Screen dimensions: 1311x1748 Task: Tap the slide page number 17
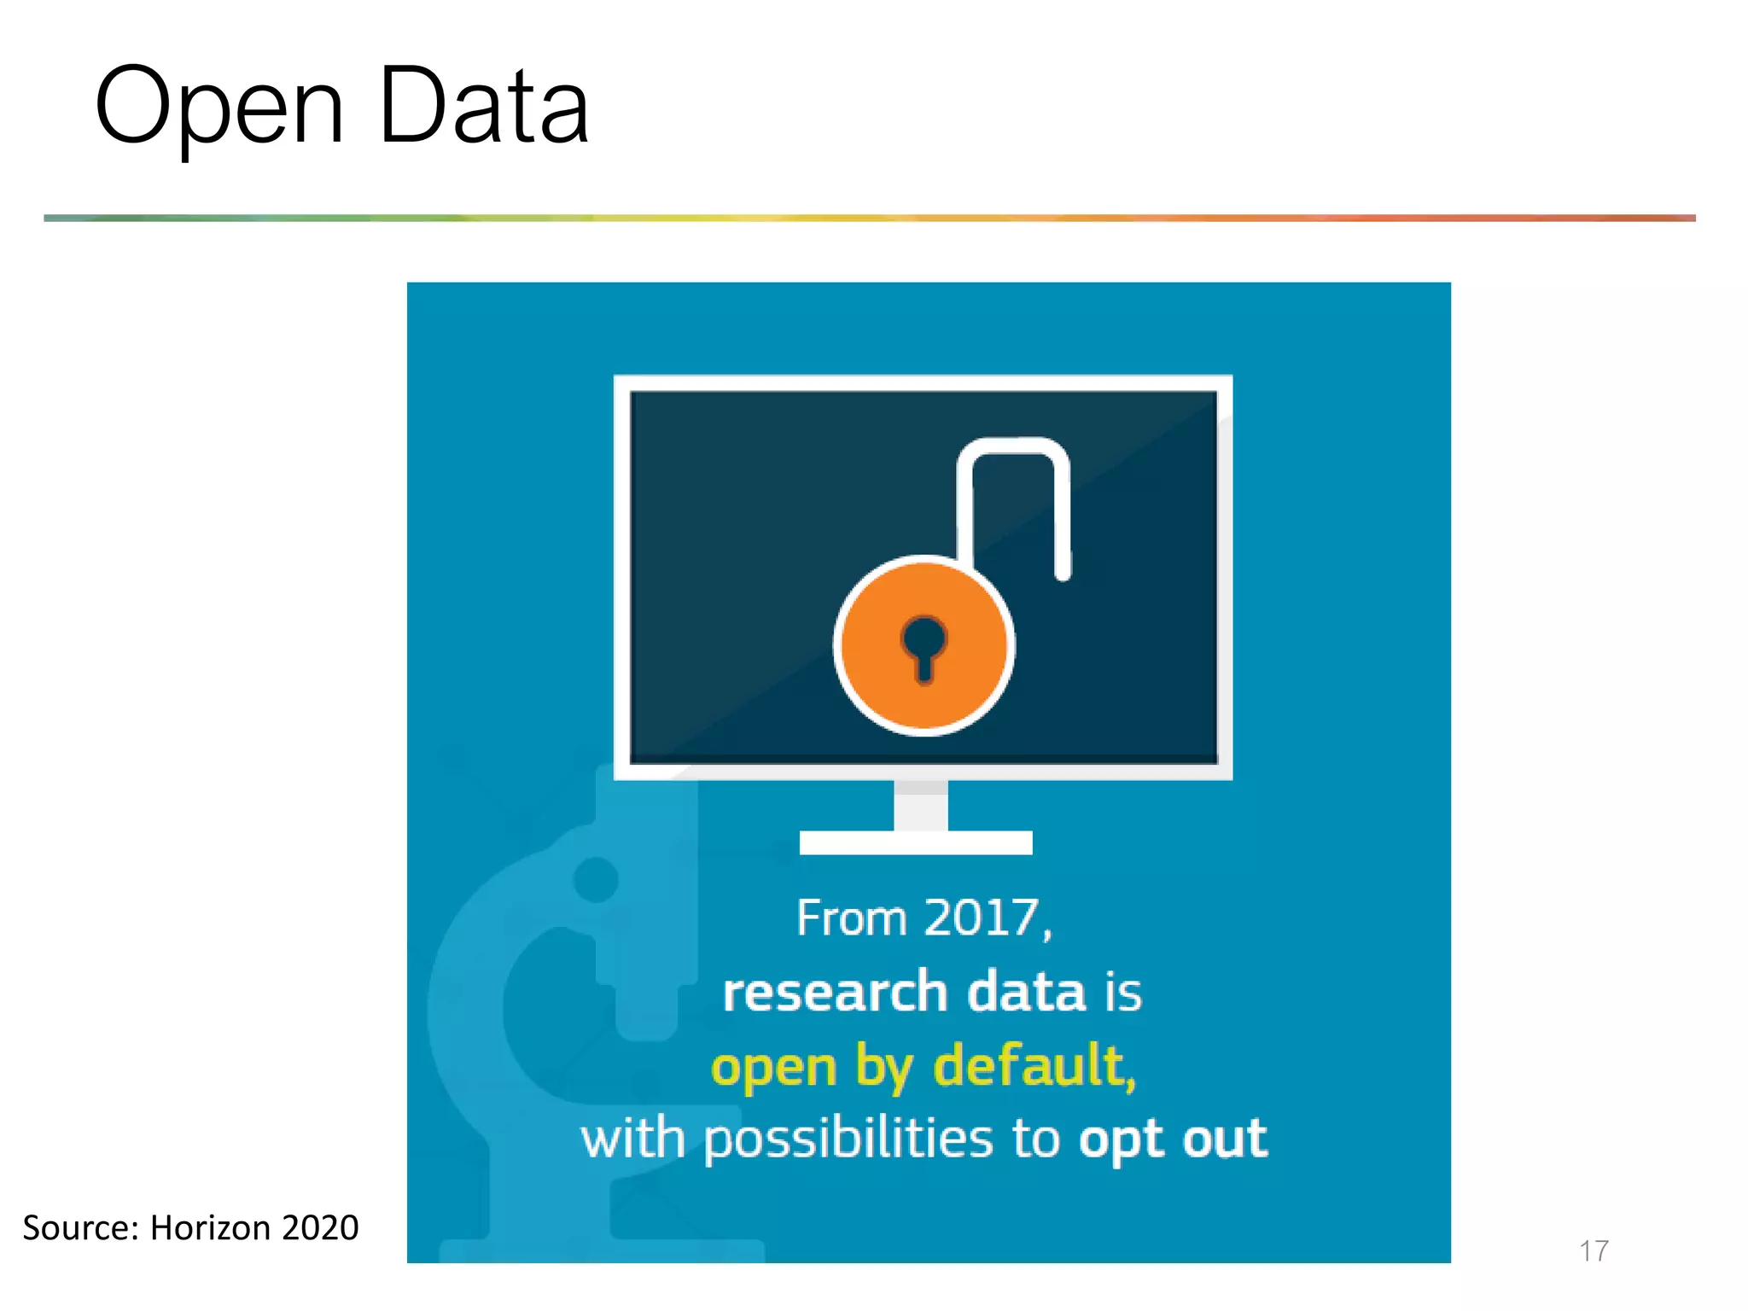tap(1594, 1251)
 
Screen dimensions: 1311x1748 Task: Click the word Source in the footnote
tap(77, 1228)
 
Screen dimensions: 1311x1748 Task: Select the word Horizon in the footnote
tap(210, 1228)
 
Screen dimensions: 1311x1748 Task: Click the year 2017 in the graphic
tap(982, 918)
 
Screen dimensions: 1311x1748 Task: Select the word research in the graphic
tap(835, 993)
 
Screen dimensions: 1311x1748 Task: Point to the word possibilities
tap(848, 1140)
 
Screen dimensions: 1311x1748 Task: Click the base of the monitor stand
tap(916, 842)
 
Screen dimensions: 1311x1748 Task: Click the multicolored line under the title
tap(869, 218)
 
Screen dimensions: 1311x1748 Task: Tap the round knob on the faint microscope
tap(596, 879)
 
